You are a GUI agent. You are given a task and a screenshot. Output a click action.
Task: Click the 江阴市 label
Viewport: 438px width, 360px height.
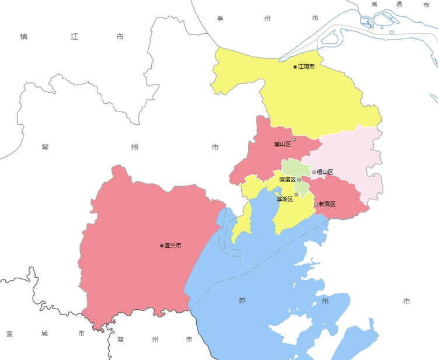pyautogui.click(x=307, y=67)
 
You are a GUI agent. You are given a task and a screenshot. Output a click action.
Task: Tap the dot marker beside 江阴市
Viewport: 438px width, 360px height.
pyautogui.click(x=295, y=67)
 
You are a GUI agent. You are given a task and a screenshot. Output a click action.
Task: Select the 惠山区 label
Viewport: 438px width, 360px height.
pyautogui.click(x=282, y=144)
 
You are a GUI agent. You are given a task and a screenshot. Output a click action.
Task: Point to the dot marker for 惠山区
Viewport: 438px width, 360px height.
pyautogui.click(x=294, y=139)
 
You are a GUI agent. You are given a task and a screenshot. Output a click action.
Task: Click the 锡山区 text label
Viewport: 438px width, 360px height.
pyautogui.click(x=325, y=172)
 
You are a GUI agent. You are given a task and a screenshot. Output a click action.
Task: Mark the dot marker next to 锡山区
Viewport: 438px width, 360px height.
pyautogui.click(x=314, y=172)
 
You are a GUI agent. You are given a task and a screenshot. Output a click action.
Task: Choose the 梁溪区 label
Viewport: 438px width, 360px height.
pyautogui.click(x=287, y=180)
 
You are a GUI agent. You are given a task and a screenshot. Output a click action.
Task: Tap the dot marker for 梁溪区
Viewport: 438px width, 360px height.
pyautogui.click(x=299, y=180)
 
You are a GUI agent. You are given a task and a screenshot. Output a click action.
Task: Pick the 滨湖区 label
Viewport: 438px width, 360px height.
pyautogui.click(x=285, y=199)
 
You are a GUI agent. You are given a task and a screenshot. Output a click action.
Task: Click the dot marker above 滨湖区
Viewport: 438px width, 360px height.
pyautogui.click(x=296, y=194)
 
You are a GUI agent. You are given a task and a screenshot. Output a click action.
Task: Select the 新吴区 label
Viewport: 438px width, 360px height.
pyautogui.click(x=327, y=204)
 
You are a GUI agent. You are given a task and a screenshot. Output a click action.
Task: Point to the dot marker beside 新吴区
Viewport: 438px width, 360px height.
pyautogui.click(x=316, y=204)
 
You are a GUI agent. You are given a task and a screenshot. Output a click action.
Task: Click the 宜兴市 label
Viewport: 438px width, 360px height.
pyautogui.click(x=173, y=246)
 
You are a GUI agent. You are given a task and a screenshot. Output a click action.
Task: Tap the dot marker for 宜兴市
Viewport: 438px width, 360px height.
pyautogui.click(x=162, y=246)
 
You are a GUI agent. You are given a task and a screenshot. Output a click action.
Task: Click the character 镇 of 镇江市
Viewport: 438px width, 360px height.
pyautogui.click(x=24, y=37)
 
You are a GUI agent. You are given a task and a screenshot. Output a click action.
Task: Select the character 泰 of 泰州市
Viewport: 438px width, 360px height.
pyautogui.click(x=220, y=19)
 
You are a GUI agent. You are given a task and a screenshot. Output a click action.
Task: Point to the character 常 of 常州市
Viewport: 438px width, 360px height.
pyautogui.click(x=45, y=147)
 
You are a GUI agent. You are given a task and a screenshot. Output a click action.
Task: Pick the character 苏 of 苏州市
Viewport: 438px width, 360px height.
pyautogui.click(x=242, y=301)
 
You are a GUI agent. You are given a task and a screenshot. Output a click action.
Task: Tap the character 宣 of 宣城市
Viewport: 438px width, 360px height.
pyautogui.click(x=10, y=334)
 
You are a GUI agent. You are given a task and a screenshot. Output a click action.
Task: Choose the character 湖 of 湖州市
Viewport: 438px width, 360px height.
pyautogui.click(x=120, y=339)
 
